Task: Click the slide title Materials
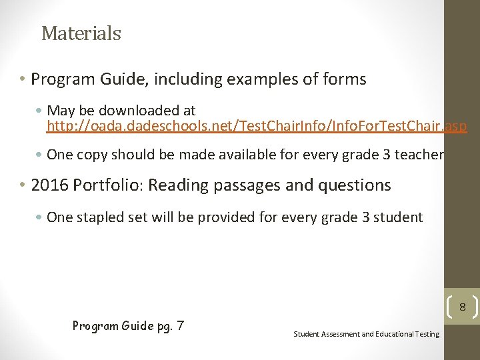81,33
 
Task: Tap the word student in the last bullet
399,217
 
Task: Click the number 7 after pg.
180,326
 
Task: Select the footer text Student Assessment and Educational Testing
366,334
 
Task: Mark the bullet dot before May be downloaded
41,111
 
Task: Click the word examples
263,79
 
